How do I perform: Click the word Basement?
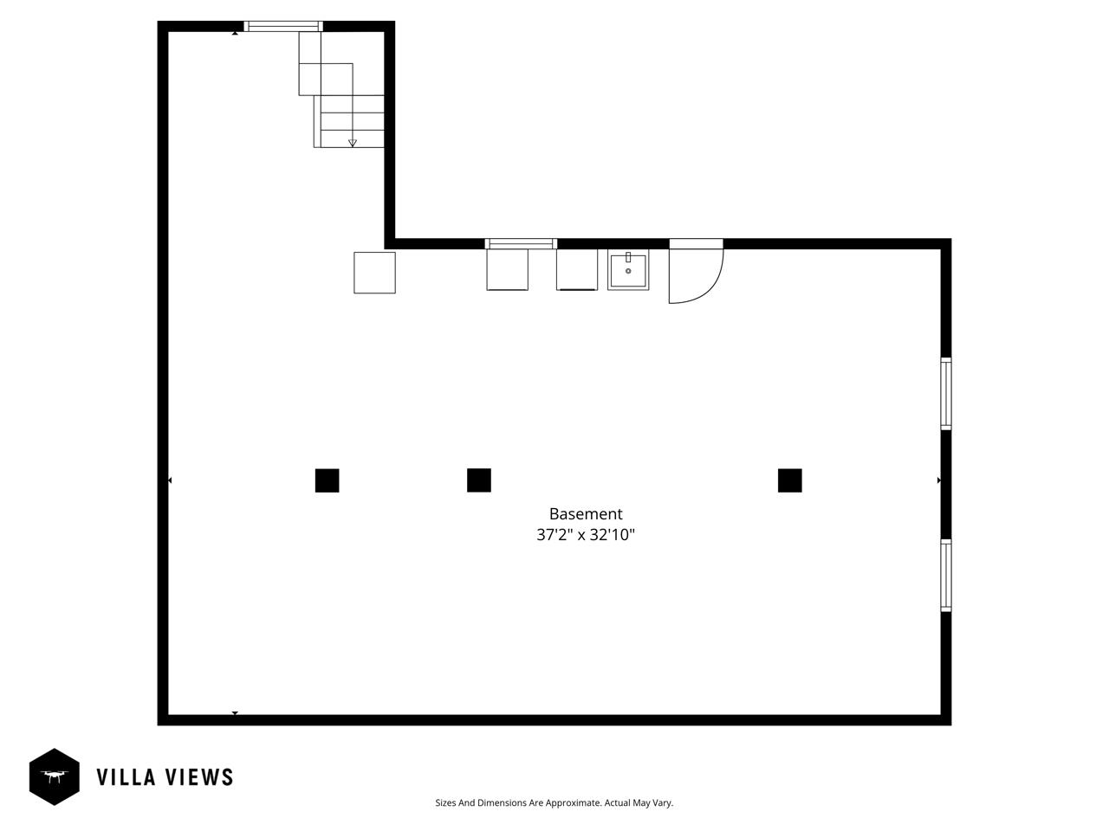click(x=586, y=513)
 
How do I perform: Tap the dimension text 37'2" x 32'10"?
click(x=586, y=535)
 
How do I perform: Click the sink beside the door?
click(x=628, y=272)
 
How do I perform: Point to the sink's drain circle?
click(x=628, y=271)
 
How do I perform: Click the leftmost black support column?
click(x=327, y=480)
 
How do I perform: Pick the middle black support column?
click(x=479, y=480)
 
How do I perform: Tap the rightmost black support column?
click(x=789, y=480)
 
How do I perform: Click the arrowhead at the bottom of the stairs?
click(x=353, y=144)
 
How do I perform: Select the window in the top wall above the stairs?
click(x=283, y=26)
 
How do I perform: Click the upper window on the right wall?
click(x=946, y=394)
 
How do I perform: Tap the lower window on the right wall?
click(x=946, y=576)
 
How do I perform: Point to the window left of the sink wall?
click(x=521, y=244)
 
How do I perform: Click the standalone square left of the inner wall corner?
click(x=374, y=273)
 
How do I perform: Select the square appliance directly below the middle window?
click(x=507, y=270)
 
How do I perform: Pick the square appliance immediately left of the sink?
click(x=577, y=270)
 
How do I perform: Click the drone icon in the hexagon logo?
click(x=54, y=776)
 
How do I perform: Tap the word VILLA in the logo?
click(x=126, y=777)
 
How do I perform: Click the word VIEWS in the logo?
click(x=199, y=777)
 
